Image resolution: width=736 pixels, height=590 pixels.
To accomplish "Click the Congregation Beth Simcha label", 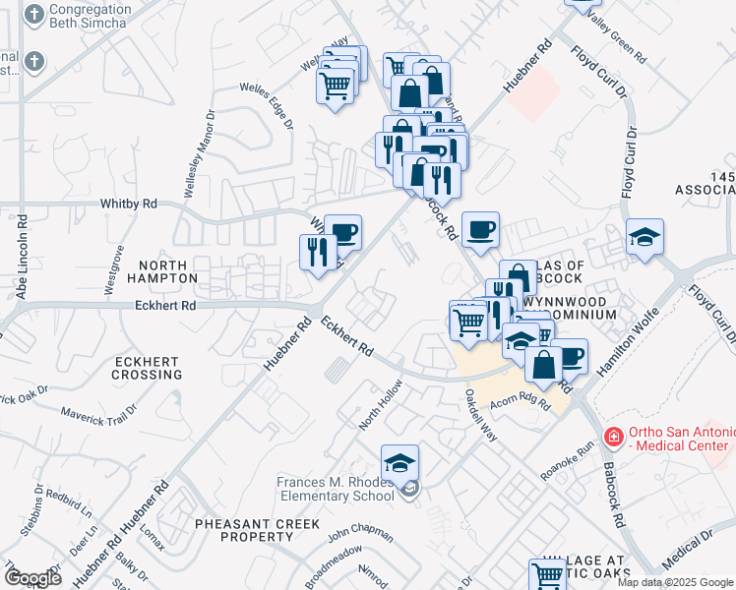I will click(x=90, y=15).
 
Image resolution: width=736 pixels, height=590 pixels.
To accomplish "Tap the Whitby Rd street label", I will click(x=128, y=204).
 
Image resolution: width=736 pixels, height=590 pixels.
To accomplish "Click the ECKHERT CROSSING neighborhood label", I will click(x=147, y=368).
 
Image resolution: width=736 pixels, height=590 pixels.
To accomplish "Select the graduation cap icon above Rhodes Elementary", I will click(x=399, y=463).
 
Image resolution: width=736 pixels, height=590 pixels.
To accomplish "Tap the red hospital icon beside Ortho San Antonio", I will click(x=614, y=434).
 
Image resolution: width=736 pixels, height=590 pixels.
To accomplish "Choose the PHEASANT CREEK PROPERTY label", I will click(x=257, y=530).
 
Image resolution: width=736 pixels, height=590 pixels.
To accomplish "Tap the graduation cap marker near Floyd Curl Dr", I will click(x=644, y=237).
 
